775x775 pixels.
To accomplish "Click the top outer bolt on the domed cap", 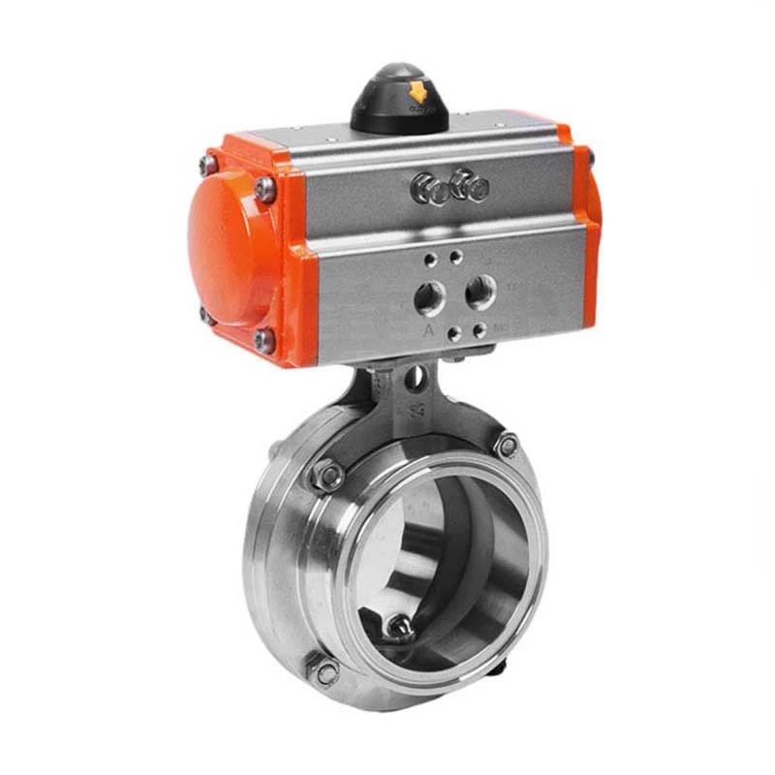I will pos(207,166).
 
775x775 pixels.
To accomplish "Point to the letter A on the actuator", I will pos(427,330).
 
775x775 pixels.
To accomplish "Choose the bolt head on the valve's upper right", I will pos(506,445).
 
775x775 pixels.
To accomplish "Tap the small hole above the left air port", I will pos(429,262).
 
